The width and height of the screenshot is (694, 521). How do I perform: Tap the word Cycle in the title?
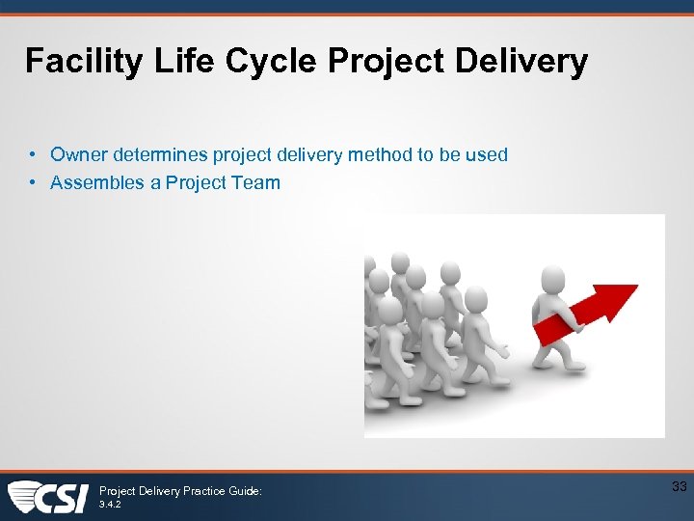271,62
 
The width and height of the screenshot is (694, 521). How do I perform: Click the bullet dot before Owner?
33,154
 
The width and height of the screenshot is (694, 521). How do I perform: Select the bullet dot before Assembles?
33,182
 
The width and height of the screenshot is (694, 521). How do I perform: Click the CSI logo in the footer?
48,497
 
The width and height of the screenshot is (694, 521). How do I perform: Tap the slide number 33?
679,487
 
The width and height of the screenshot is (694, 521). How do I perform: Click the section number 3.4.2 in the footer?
111,504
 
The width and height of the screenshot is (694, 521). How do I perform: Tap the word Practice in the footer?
200,491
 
